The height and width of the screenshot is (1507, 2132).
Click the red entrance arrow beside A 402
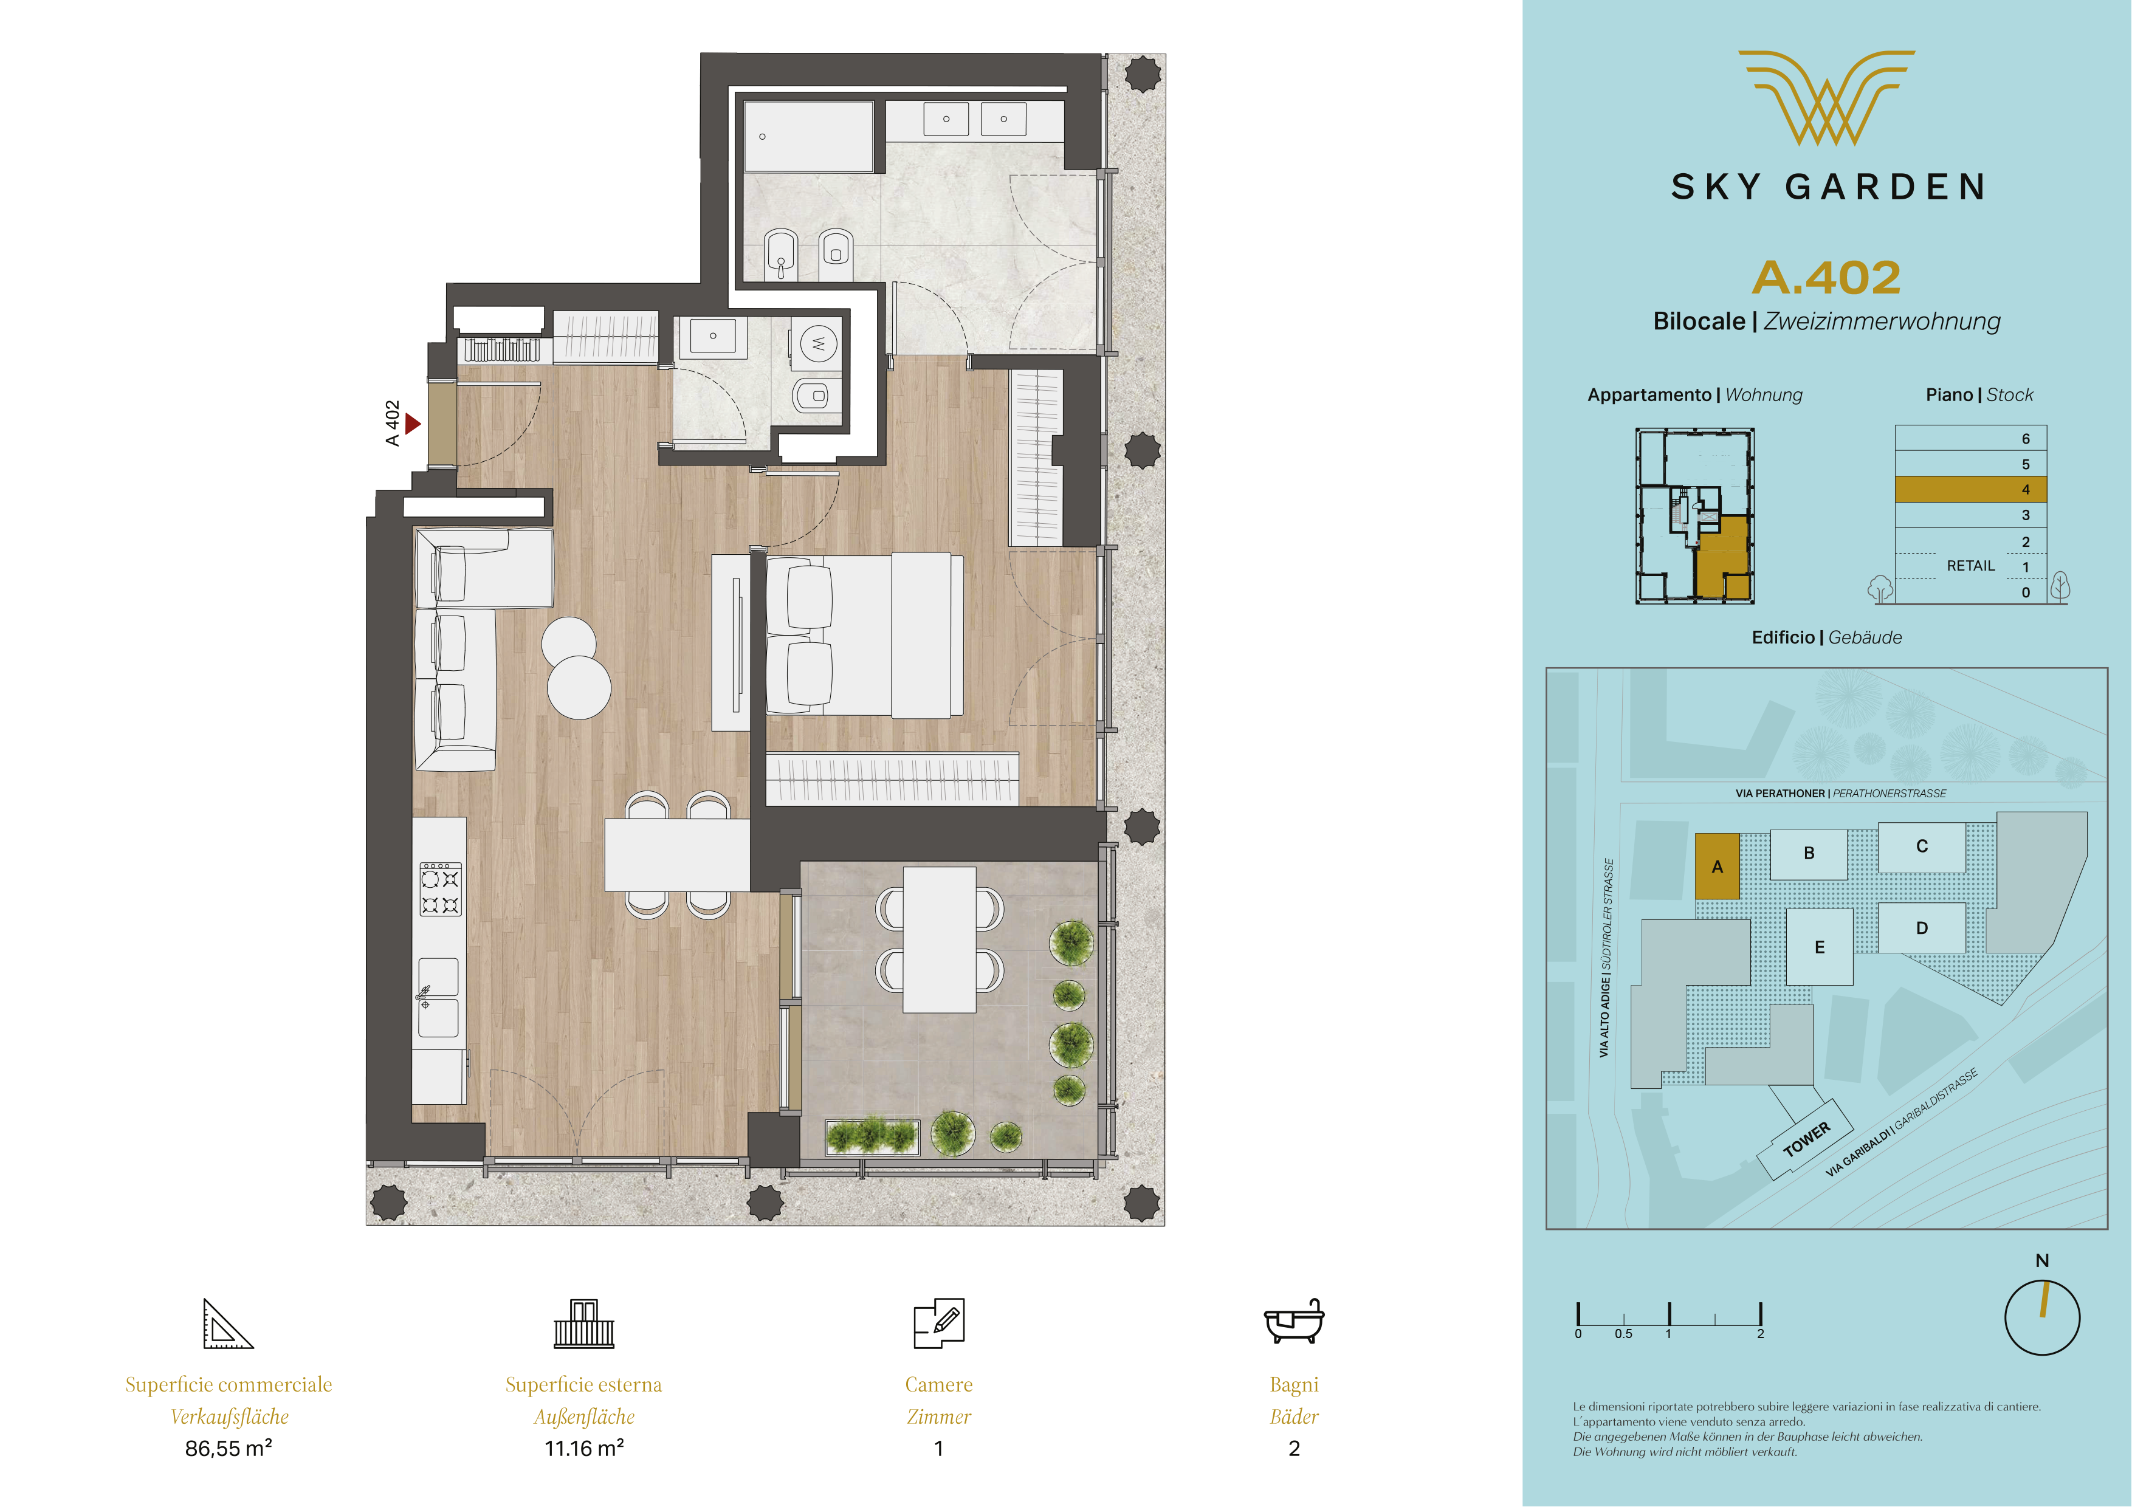point(413,424)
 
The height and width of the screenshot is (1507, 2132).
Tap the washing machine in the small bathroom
point(818,343)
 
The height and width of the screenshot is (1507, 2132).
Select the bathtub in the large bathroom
point(808,137)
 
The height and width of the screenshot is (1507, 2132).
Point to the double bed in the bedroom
point(864,636)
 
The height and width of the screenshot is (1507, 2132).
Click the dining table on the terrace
point(940,939)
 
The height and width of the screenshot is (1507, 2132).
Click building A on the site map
point(1717,867)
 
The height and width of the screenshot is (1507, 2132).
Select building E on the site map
point(1819,947)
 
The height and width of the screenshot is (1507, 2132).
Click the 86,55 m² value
point(229,1449)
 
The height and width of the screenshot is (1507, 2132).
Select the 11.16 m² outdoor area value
point(583,1449)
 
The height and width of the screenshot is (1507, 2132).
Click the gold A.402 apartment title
point(1826,278)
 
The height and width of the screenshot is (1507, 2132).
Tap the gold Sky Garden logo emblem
point(1826,97)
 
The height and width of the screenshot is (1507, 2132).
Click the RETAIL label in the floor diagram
point(1970,566)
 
